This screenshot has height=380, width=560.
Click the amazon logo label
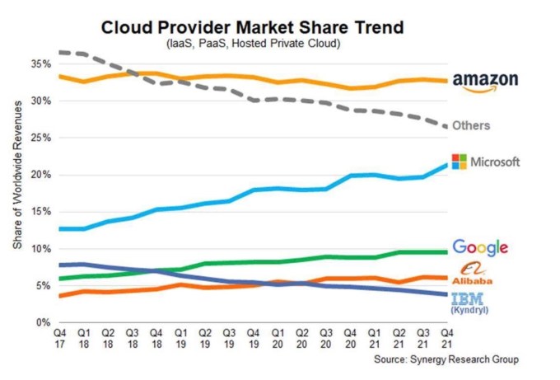coord(486,82)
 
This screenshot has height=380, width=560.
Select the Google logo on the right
coord(480,247)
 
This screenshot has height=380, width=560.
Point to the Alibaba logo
coord(474,274)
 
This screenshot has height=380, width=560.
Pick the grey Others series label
coord(471,125)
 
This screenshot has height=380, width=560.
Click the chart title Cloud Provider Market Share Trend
coord(252,27)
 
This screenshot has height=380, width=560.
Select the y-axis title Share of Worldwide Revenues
coord(18,191)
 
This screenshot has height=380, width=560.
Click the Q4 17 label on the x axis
coord(60,338)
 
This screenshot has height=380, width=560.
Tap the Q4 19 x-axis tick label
coord(254,338)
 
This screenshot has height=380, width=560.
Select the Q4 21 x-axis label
coord(448,338)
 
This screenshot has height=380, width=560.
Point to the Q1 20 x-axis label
coord(279,338)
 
